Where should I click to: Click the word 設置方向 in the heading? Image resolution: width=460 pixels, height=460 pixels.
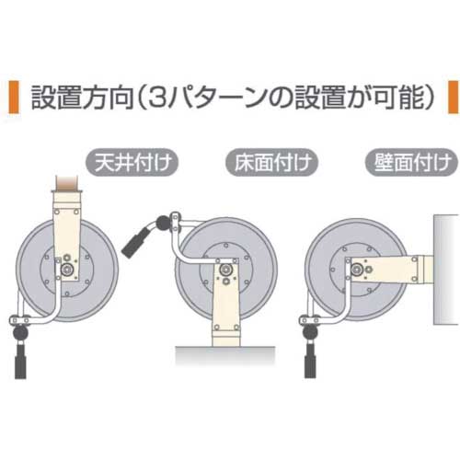pos(91,98)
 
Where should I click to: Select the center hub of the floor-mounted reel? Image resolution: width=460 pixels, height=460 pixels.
pos(223,270)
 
